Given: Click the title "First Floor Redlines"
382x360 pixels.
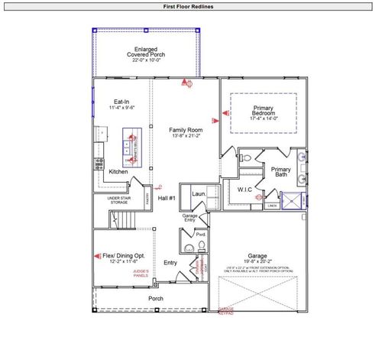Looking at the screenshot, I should coord(188,6).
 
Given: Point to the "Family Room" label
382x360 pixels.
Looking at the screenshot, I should coord(185,131).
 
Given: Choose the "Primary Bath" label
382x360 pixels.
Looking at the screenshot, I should coord(281,172).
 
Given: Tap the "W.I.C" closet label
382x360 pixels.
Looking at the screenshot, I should coord(245,189).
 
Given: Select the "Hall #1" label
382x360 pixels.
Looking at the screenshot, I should coord(167,199).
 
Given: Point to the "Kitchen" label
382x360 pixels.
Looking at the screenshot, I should coord(118,172).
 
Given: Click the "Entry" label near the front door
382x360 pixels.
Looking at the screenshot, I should coord(170,264).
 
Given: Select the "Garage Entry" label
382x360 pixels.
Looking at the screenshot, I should coord(189,218).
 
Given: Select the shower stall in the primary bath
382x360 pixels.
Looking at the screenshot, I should coord(293,200).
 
